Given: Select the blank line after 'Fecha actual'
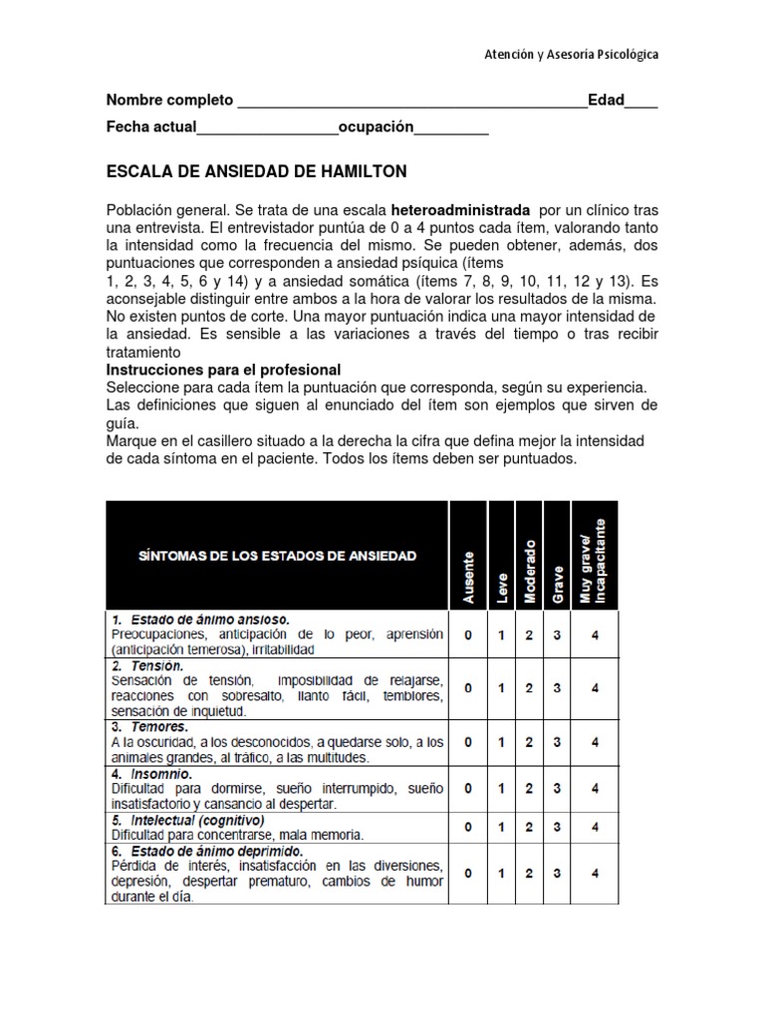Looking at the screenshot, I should [x=267, y=129].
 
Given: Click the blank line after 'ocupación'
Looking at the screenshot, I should [x=450, y=129].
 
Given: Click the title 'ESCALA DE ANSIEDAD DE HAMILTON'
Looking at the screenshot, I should [x=257, y=171].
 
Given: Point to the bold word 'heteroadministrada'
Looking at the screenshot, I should [x=460, y=211].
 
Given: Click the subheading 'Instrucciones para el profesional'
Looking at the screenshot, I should [x=224, y=370].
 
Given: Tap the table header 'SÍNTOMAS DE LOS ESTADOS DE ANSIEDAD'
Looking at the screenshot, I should [x=277, y=555].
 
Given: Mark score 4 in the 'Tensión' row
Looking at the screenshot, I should [x=595, y=687].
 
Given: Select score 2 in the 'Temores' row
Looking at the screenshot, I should [x=529, y=742].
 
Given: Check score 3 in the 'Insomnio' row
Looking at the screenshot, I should [x=558, y=788].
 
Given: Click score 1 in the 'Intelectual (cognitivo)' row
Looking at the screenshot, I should [x=501, y=827].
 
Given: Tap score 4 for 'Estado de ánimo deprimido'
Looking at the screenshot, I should [x=595, y=874].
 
